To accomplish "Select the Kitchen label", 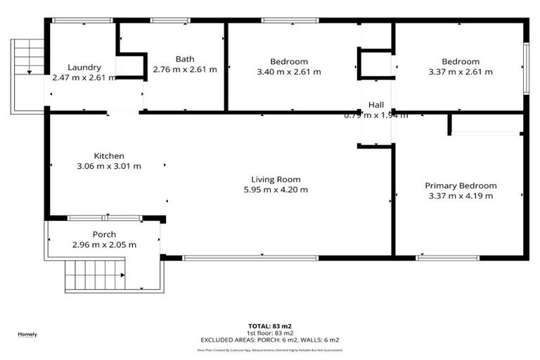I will [x=109, y=156].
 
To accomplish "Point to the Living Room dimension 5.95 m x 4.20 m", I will [x=275, y=189].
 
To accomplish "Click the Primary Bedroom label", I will [x=461, y=186].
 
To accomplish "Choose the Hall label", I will [x=376, y=105].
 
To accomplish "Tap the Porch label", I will [x=104, y=234].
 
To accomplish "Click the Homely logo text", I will [x=27, y=334].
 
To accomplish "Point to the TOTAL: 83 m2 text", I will [x=269, y=326].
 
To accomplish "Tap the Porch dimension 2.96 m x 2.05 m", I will [x=104, y=245].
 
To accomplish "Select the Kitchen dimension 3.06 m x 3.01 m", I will [x=109, y=167].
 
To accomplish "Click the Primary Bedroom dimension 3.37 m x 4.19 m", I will [x=461, y=196].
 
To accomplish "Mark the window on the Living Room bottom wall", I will [x=240, y=258].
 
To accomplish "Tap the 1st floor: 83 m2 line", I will [x=269, y=333].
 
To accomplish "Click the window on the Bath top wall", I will [x=169, y=21].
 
